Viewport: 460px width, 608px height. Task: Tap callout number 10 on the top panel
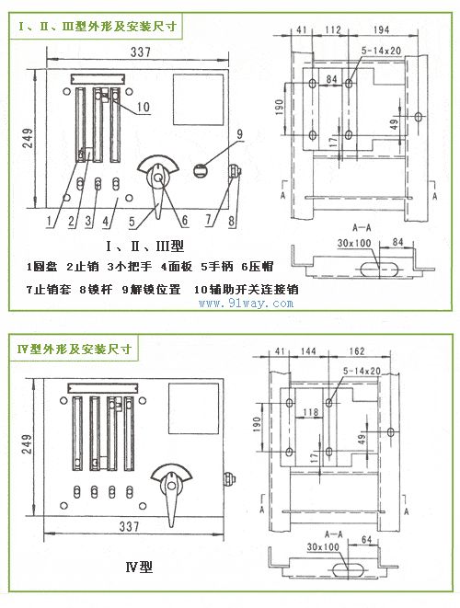point(143,107)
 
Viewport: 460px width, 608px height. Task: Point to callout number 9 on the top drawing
point(237,134)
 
